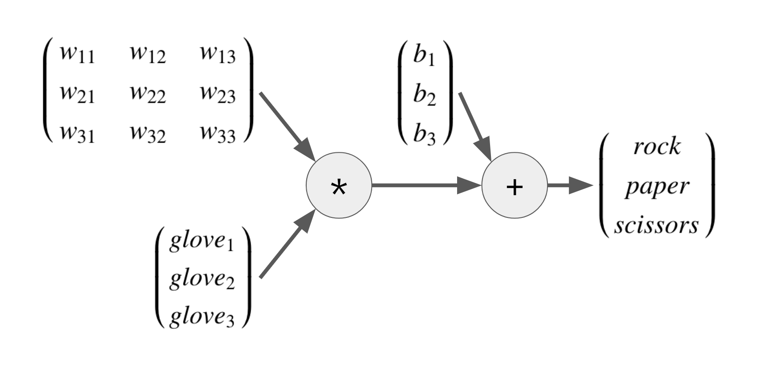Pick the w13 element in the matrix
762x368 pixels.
218,55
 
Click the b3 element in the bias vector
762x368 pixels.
424,134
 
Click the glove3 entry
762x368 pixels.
201,317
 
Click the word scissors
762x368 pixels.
657,225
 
